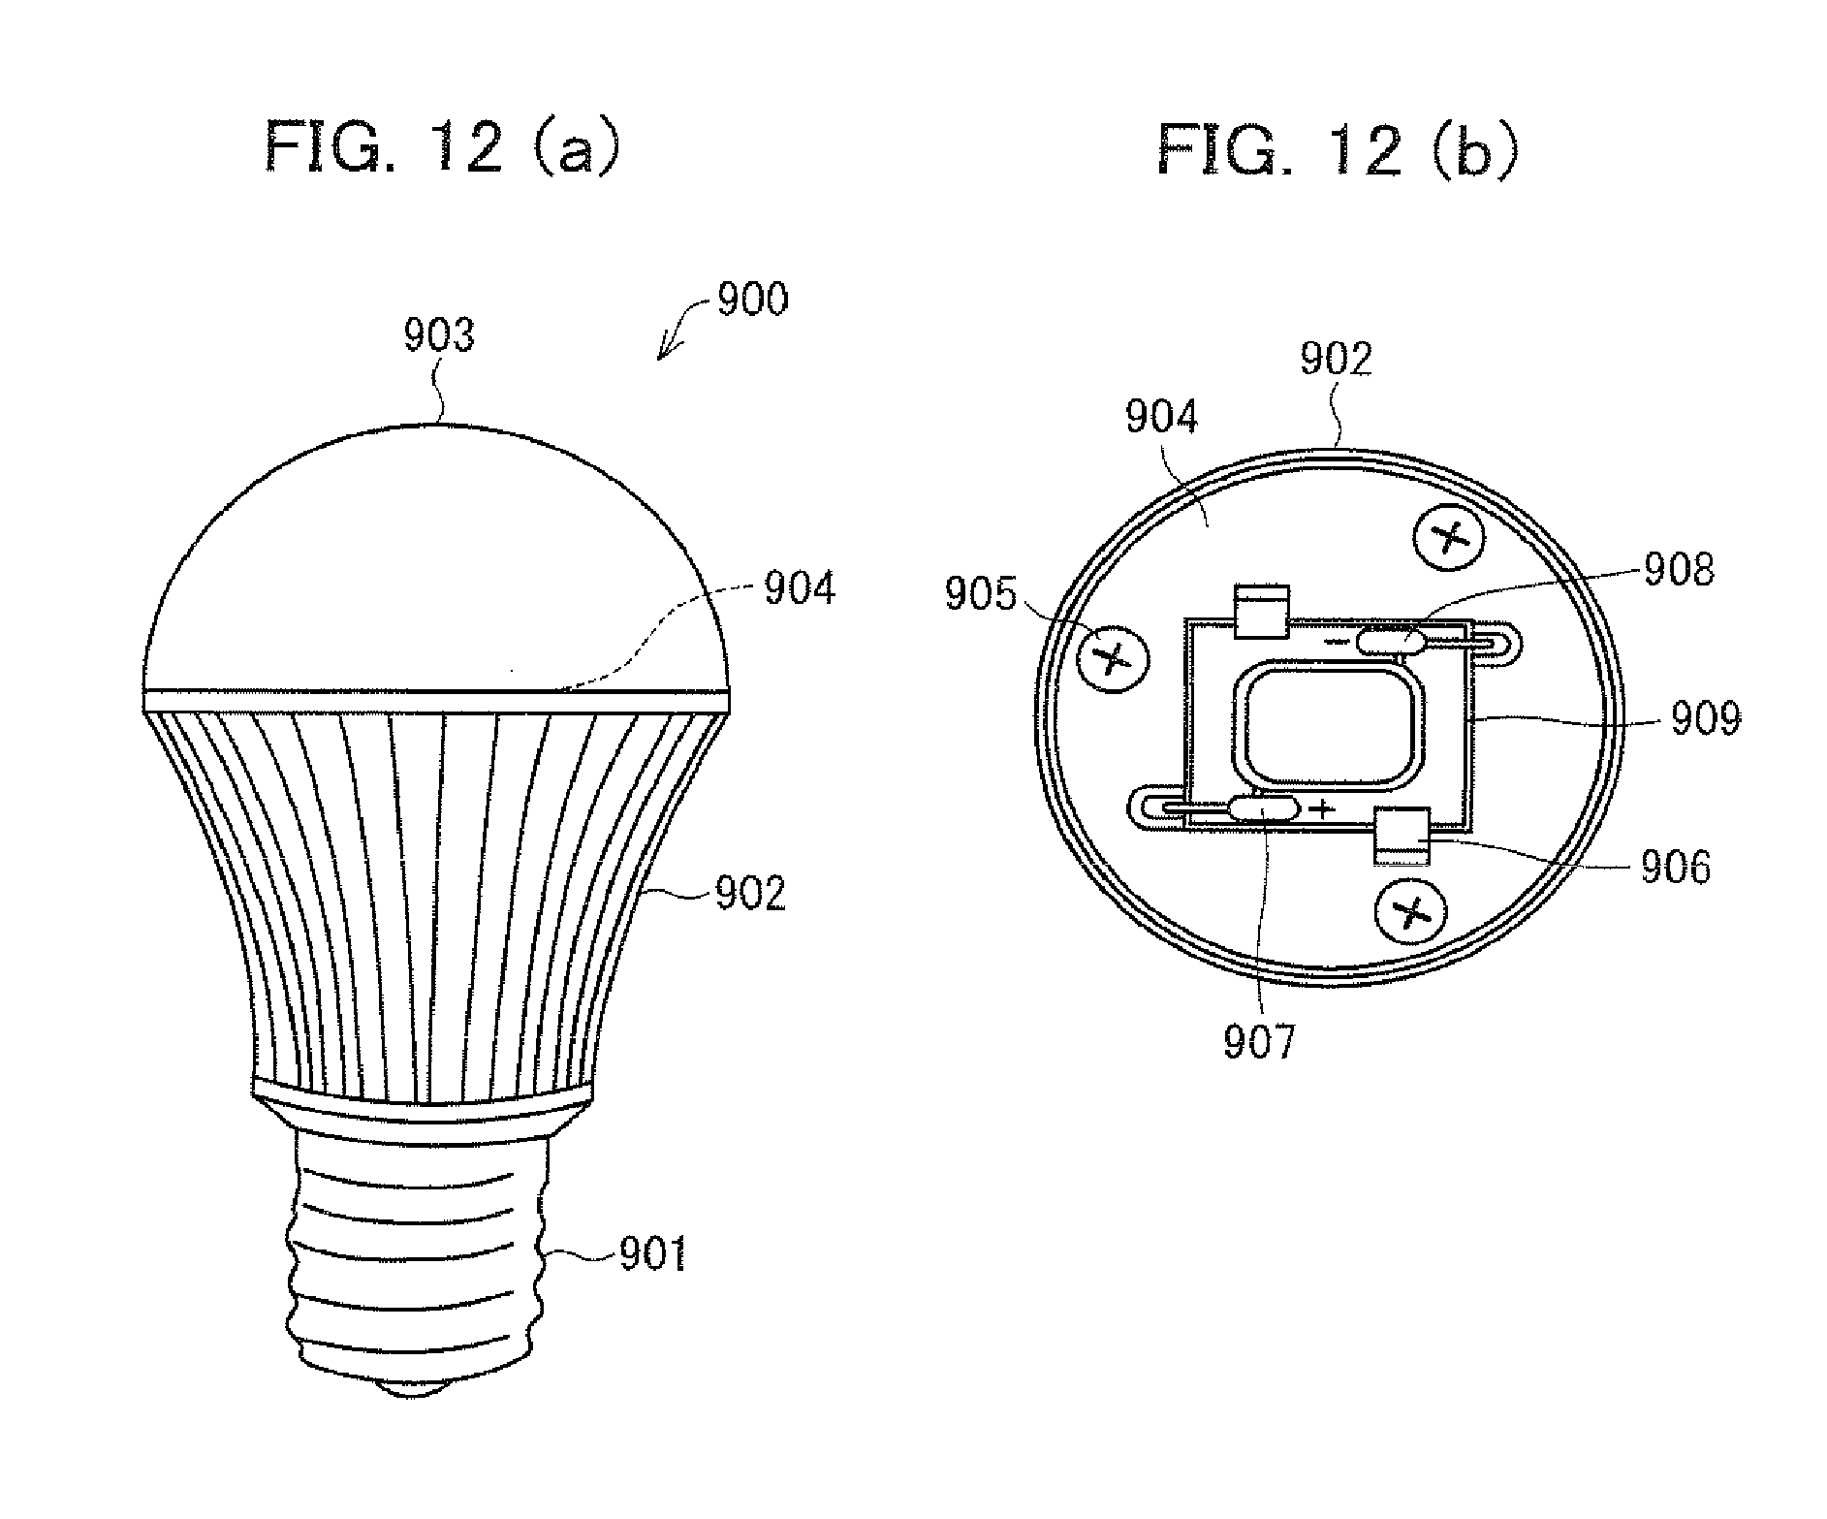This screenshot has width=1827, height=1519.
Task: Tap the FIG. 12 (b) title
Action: tap(1337, 150)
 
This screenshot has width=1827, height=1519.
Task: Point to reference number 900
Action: tap(752, 300)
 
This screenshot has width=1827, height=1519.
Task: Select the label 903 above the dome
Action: tap(439, 335)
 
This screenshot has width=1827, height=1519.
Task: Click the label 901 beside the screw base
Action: tap(651, 1254)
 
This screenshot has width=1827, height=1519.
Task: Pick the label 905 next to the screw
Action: tap(981, 594)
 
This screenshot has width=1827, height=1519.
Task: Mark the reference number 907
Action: tap(1259, 1042)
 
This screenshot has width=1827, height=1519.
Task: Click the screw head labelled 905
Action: tap(1113, 659)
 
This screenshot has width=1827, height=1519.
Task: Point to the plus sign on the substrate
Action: tap(1321, 807)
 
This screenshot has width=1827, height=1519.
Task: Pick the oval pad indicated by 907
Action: tap(1263, 807)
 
